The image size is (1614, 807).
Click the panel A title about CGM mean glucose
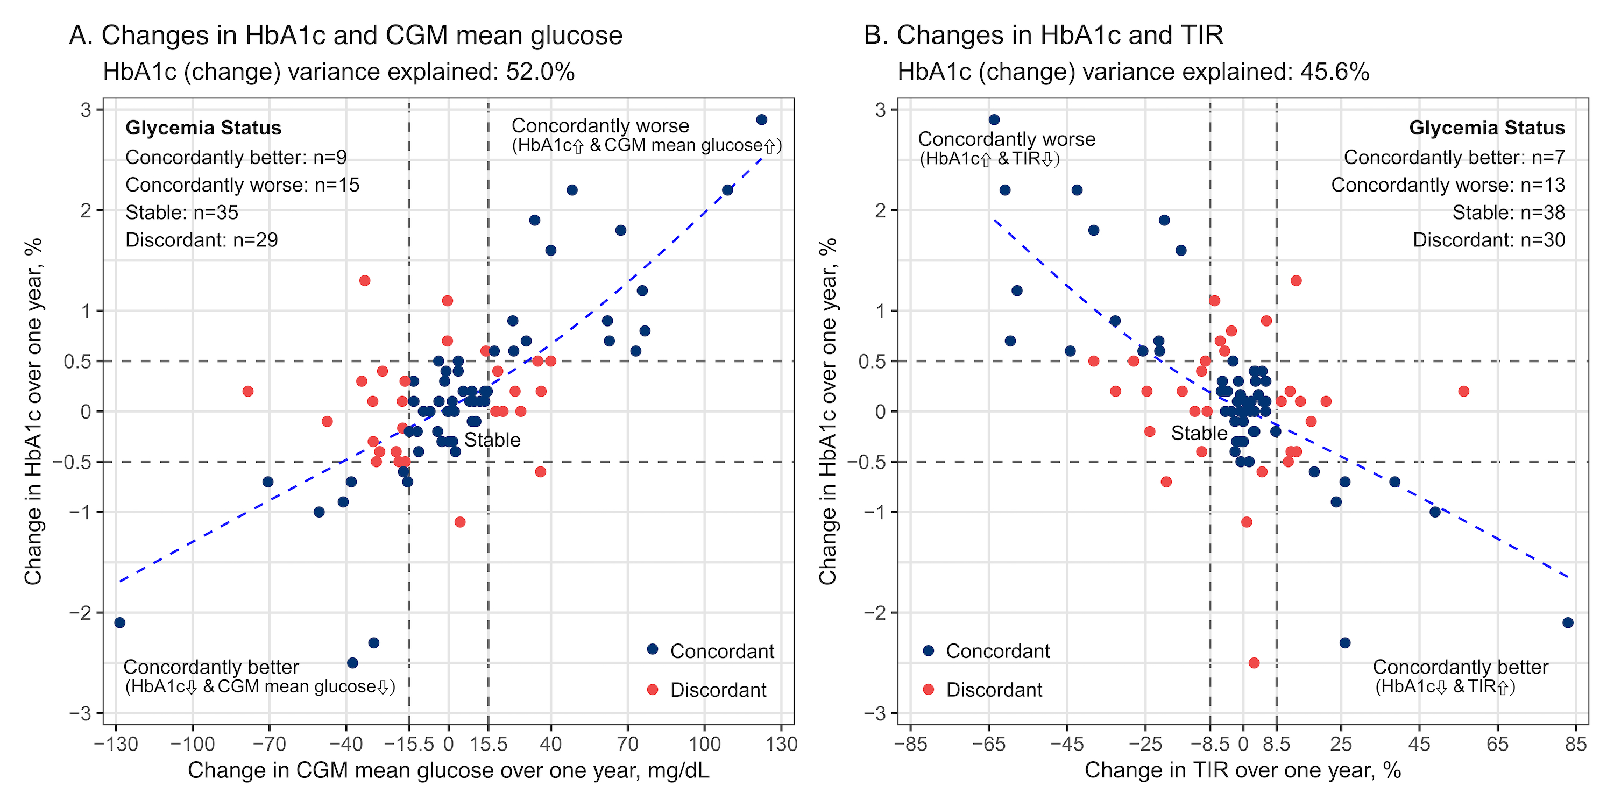tap(346, 35)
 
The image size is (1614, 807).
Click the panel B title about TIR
tap(1043, 35)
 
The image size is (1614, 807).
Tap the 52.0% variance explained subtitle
tap(338, 72)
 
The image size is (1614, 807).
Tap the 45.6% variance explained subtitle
tap(1133, 72)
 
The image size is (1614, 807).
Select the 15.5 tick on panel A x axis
tap(489, 745)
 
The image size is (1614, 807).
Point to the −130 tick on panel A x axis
tap(115, 745)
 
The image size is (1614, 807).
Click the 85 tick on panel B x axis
tap(1576, 745)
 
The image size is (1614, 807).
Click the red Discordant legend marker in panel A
tap(652, 690)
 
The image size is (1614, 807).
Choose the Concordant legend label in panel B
tap(997, 651)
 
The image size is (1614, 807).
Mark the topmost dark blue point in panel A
tap(761, 119)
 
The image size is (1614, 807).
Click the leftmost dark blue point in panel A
tap(119, 622)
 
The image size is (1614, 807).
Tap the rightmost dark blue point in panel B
tap(1568, 622)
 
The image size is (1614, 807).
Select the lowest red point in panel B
tap(1254, 663)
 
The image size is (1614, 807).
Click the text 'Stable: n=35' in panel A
tap(182, 213)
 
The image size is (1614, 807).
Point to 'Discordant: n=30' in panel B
tap(1489, 240)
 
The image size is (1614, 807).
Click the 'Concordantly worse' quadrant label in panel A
tap(600, 126)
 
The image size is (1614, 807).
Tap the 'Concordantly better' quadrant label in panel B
tap(1460, 667)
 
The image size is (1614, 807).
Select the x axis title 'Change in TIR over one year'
tap(1242, 770)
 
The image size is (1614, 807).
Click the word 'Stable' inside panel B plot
tap(1199, 433)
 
